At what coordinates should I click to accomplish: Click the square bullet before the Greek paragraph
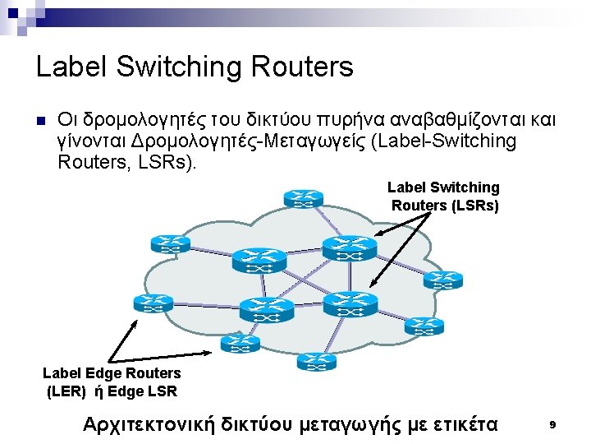[41, 120]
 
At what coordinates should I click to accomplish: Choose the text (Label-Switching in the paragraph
[444, 141]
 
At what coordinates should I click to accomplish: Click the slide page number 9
[552, 424]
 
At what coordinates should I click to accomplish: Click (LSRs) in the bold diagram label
[475, 206]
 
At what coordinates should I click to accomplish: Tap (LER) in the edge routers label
[66, 391]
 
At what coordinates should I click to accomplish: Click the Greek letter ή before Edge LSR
[101, 391]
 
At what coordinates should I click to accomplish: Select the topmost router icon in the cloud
[304, 198]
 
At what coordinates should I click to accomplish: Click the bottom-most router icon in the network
[313, 361]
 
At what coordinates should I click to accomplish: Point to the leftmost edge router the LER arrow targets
[153, 303]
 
